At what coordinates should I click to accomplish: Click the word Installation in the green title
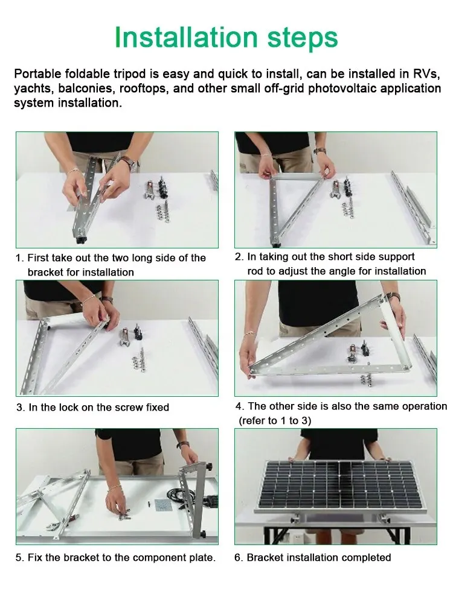[186, 37]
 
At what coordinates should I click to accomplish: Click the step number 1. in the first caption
[20, 257]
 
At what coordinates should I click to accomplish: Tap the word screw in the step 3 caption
[129, 407]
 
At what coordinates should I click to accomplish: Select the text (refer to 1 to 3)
[275, 421]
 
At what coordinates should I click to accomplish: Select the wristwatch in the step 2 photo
[320, 151]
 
